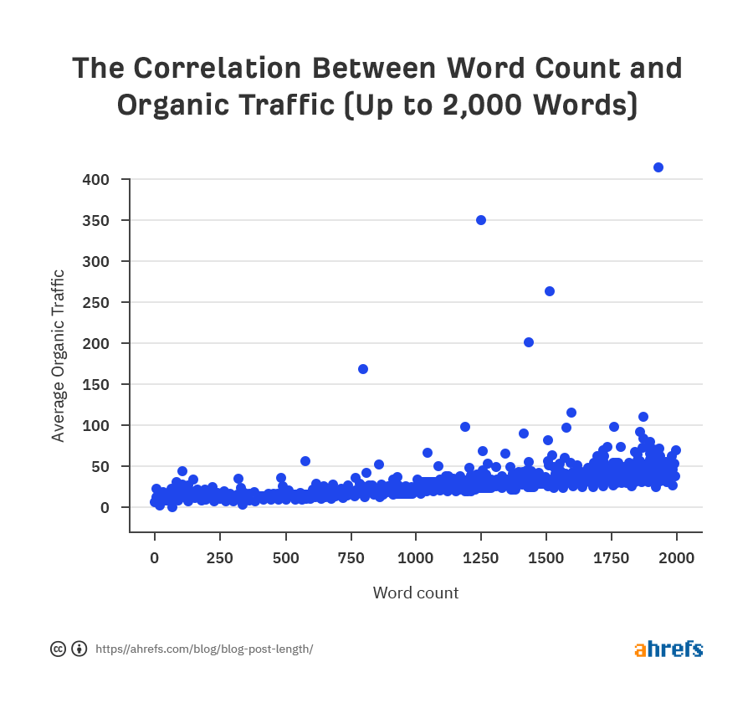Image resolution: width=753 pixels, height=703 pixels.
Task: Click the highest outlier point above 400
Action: (658, 167)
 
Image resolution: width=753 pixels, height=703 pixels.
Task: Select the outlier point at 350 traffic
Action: (481, 220)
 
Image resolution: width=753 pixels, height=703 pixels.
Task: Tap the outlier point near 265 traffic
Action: (550, 291)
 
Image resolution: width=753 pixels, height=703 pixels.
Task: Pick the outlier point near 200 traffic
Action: (529, 342)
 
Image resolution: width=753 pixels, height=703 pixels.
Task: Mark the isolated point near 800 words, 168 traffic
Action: (363, 369)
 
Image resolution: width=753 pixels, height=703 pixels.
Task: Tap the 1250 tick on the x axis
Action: (481, 558)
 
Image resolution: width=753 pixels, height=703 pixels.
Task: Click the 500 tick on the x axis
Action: (285, 558)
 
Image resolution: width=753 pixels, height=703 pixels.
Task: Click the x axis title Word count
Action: (416, 593)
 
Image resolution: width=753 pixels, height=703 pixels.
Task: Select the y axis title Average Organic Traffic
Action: (58, 356)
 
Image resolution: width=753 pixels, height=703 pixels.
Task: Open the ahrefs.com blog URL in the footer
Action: (204, 649)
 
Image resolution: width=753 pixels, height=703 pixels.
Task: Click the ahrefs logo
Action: (668, 649)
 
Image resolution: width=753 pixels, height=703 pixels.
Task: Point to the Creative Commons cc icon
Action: (59, 649)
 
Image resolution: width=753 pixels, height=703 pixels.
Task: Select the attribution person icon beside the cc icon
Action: (79, 649)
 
